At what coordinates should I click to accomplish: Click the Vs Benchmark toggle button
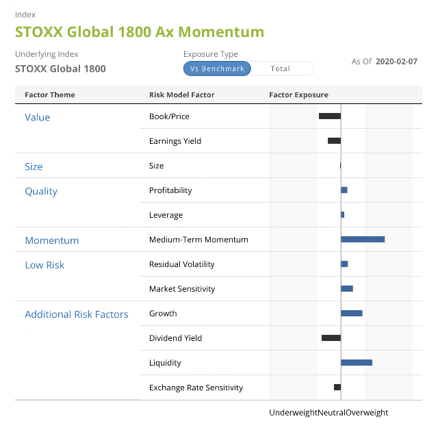217,68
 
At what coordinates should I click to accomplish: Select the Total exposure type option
280,68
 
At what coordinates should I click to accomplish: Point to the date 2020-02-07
396,62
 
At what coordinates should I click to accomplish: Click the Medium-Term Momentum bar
363,240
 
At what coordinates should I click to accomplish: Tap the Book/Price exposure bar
330,116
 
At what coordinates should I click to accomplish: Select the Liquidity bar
357,363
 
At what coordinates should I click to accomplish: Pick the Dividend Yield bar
331,338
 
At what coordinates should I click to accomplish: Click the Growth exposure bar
352,314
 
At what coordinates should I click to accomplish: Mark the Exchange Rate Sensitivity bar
337,388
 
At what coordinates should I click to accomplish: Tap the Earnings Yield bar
335,141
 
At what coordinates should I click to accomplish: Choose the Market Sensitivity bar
347,289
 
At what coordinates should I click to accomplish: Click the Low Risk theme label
44,265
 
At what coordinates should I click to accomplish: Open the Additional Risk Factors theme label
77,314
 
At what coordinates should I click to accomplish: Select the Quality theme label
41,192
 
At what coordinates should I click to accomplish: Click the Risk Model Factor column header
182,94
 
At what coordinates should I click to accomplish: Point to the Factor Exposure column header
298,94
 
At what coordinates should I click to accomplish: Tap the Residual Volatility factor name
182,264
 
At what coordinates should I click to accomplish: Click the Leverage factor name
166,215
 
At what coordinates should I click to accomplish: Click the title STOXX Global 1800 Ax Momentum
140,31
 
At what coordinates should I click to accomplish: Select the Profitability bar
344,190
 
